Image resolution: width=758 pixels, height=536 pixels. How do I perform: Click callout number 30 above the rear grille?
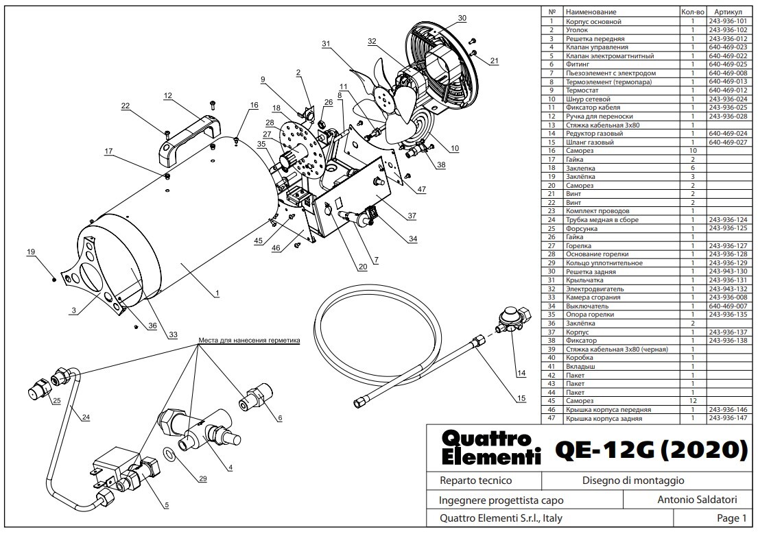click(x=462, y=18)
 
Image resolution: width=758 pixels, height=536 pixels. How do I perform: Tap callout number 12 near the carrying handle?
click(x=168, y=95)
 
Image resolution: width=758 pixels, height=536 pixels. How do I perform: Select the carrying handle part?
click(x=189, y=138)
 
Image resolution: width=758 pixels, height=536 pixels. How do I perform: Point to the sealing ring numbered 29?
click(x=169, y=454)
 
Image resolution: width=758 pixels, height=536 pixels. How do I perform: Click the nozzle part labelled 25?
click(x=38, y=387)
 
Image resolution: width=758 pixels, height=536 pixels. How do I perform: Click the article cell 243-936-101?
click(x=728, y=21)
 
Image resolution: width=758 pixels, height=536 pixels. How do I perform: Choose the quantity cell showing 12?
click(x=693, y=401)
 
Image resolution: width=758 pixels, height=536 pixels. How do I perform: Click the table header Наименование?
click(x=591, y=12)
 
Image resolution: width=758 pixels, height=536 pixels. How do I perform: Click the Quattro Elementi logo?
click(x=490, y=448)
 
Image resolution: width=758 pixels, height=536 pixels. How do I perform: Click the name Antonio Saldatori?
click(x=697, y=499)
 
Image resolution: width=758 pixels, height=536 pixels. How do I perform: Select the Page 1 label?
click(x=731, y=518)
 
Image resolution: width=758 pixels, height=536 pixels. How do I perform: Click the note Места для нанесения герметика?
click(x=249, y=340)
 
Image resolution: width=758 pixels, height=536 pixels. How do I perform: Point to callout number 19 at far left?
click(x=31, y=252)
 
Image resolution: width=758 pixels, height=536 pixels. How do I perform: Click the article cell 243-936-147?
click(x=728, y=418)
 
